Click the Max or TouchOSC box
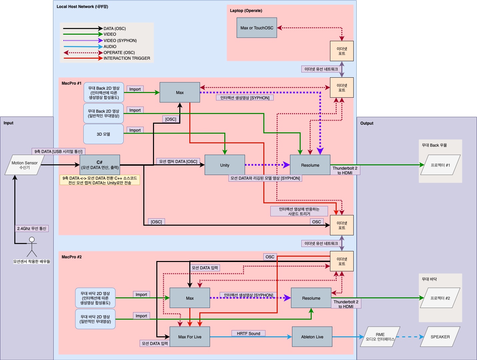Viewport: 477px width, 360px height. (257, 28)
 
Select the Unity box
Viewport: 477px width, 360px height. (225, 165)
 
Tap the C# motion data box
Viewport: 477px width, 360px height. (100, 165)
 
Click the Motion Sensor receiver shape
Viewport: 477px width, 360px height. (25, 165)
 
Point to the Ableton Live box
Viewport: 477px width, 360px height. (312, 337)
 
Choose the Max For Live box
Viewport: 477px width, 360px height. (190, 337)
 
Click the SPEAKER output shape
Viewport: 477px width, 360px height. (440, 337)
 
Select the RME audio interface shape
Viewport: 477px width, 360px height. (380, 337)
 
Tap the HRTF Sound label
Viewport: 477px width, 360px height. (248, 333)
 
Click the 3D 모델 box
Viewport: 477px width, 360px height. (103, 134)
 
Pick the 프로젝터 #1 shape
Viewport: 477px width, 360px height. (440, 165)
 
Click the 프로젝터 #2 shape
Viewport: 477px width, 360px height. (440, 298)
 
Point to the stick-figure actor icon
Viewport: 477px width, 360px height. (32, 247)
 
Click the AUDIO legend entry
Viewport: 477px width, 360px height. (110, 47)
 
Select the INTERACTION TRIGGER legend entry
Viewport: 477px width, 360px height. (127, 58)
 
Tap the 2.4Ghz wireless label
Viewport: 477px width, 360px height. (32, 228)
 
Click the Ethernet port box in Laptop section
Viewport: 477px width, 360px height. (342, 51)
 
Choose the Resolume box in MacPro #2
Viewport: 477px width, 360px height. (311, 298)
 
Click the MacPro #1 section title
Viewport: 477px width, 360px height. (71, 83)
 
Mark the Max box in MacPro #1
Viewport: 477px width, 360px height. (180, 92)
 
